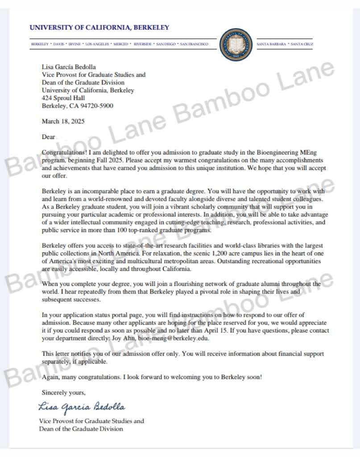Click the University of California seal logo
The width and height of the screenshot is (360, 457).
(x=236, y=45)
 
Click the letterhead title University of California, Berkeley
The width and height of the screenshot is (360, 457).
(x=99, y=28)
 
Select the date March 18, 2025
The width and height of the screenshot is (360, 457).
(x=63, y=121)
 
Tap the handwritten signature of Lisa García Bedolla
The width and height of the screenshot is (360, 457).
(x=82, y=407)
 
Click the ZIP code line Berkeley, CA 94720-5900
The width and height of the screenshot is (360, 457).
(x=77, y=106)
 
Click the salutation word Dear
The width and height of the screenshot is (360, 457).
(x=48, y=137)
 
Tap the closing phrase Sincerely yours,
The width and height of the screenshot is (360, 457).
(x=63, y=393)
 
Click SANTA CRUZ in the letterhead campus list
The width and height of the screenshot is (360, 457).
(x=302, y=44)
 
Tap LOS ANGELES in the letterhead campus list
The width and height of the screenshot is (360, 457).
(x=97, y=44)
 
